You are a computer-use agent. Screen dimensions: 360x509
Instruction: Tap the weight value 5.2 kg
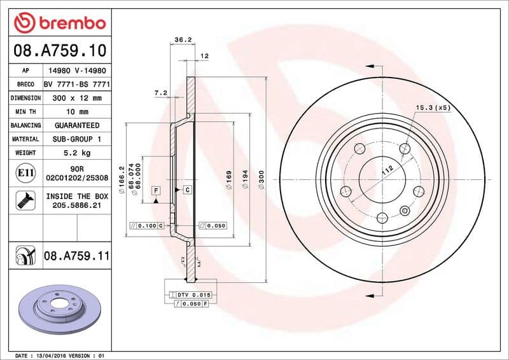click(x=77, y=153)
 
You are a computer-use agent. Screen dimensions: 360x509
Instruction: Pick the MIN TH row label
click(x=25, y=112)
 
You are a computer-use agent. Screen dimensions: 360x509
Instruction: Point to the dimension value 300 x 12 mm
click(x=77, y=98)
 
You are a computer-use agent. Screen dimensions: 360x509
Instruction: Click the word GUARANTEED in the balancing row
click(x=77, y=125)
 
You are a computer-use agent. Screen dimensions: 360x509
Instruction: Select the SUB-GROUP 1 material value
click(x=77, y=139)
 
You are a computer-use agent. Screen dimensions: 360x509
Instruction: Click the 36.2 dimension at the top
click(x=183, y=39)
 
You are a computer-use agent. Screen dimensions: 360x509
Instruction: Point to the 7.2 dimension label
click(x=160, y=93)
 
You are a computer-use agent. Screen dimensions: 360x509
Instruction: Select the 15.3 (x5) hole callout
click(x=433, y=107)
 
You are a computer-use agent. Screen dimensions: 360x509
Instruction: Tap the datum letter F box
click(x=155, y=190)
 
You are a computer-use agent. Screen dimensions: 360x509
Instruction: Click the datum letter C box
click(x=188, y=190)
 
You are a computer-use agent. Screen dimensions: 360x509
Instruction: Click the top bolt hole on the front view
click(x=405, y=148)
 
